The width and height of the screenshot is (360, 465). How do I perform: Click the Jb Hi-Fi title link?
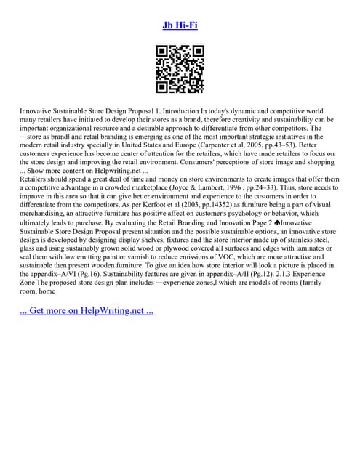[180, 25]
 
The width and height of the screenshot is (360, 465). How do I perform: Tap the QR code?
[180, 70]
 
